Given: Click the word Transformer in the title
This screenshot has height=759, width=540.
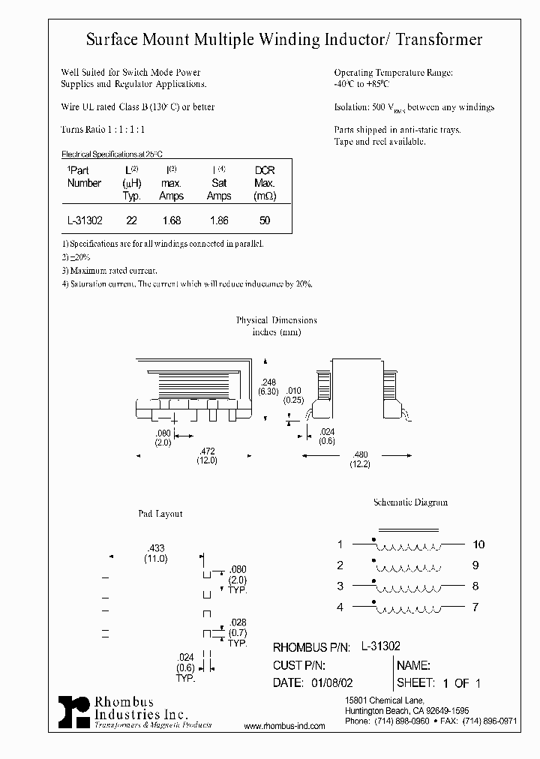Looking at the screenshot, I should click(438, 40).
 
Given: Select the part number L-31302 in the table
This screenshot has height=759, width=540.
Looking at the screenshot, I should click(85, 221).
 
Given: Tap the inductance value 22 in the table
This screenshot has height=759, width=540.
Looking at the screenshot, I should click(131, 221).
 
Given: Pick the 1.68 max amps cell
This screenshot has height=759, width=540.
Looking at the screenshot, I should click(172, 221).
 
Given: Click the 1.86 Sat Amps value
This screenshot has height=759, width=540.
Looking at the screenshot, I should click(218, 221).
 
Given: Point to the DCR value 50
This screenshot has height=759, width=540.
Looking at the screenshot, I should click(264, 221).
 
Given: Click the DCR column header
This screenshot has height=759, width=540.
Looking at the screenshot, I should click(265, 171).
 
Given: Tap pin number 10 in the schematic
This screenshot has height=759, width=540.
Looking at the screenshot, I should click(478, 544).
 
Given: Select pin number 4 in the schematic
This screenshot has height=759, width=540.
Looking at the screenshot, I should click(340, 607).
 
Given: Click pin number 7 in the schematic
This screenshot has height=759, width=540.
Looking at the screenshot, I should click(475, 607).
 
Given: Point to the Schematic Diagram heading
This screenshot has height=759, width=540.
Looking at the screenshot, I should click(410, 502).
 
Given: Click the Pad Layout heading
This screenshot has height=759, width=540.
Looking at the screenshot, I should click(160, 514).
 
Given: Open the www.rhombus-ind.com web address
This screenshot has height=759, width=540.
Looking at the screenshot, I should click(285, 727).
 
